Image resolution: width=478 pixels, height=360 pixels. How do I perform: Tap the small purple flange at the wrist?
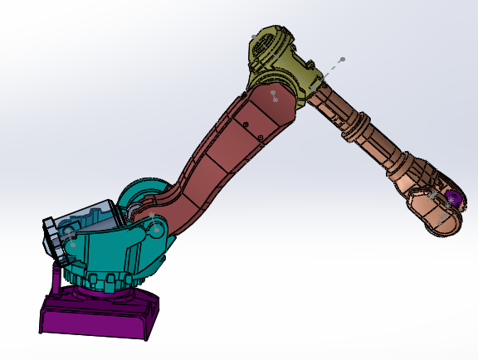[x=452, y=198]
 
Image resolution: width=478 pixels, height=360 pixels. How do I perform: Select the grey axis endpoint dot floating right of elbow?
[x=341, y=60]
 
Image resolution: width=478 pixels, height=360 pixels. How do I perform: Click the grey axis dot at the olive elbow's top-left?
[x=253, y=35]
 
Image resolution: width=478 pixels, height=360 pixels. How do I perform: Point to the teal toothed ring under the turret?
[x=108, y=281]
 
